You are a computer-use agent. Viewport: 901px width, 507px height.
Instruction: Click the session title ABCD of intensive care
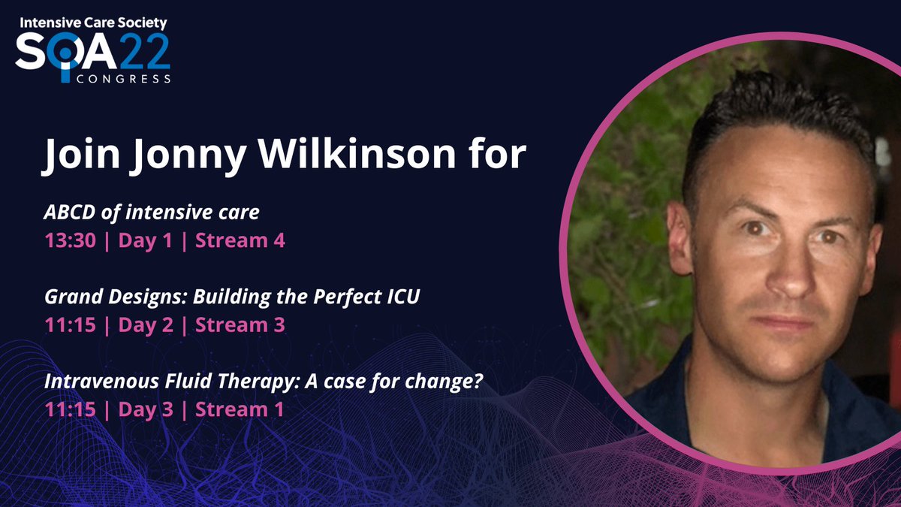(152, 213)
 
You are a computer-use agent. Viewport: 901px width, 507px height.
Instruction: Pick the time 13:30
(68, 241)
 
